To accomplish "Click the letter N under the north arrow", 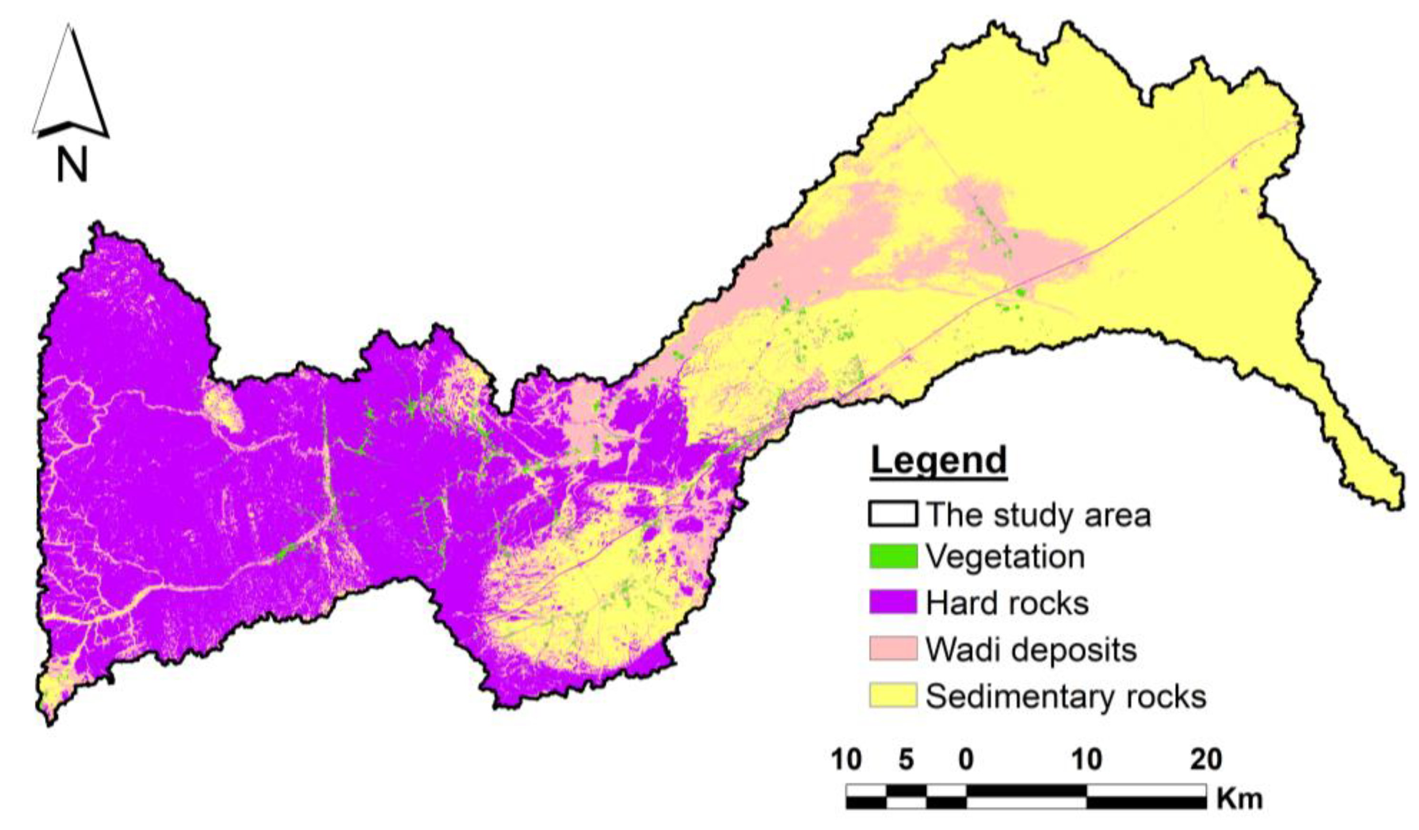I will tap(72, 164).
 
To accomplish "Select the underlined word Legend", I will tap(939, 461).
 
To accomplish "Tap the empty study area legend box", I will tap(893, 513).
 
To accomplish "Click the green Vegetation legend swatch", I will tap(893, 556).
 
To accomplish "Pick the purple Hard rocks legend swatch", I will tap(893, 602).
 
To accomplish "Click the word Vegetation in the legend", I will tap(1006, 557).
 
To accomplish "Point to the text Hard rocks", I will tap(1007, 603).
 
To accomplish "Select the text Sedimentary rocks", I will tap(1066, 697).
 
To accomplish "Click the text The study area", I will tap(1038, 514).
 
